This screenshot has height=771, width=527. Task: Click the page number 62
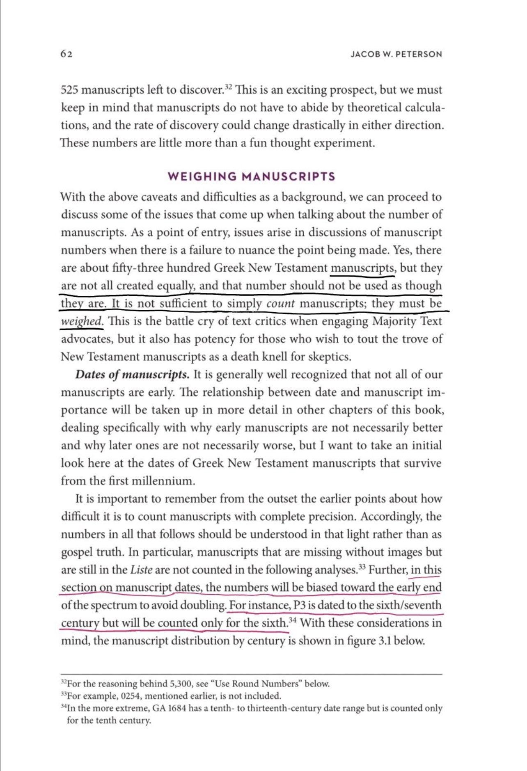pos(66,54)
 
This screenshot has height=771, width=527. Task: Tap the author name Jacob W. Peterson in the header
pos(396,54)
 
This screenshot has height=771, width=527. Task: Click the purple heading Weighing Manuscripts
pos(252,177)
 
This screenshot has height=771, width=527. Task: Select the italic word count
pos(281,304)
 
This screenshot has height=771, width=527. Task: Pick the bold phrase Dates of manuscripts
pos(132,375)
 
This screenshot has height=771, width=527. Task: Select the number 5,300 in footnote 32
pos(182,684)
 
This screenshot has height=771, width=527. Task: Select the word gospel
pos(77,552)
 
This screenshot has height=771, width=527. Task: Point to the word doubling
pos(204,605)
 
